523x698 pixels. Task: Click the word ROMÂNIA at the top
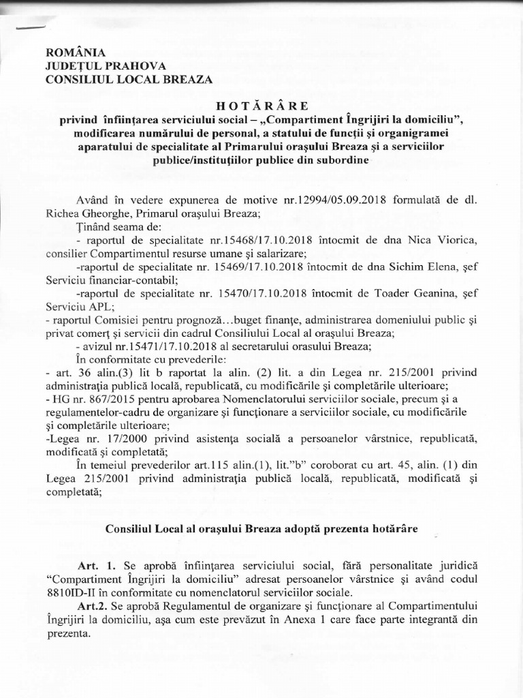pyautogui.click(x=75, y=52)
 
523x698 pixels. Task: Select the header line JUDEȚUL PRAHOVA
pyautogui.click(x=97, y=65)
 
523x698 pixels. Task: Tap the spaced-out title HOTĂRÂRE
pyautogui.click(x=261, y=106)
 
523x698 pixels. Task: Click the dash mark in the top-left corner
pyautogui.click(x=29, y=27)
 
